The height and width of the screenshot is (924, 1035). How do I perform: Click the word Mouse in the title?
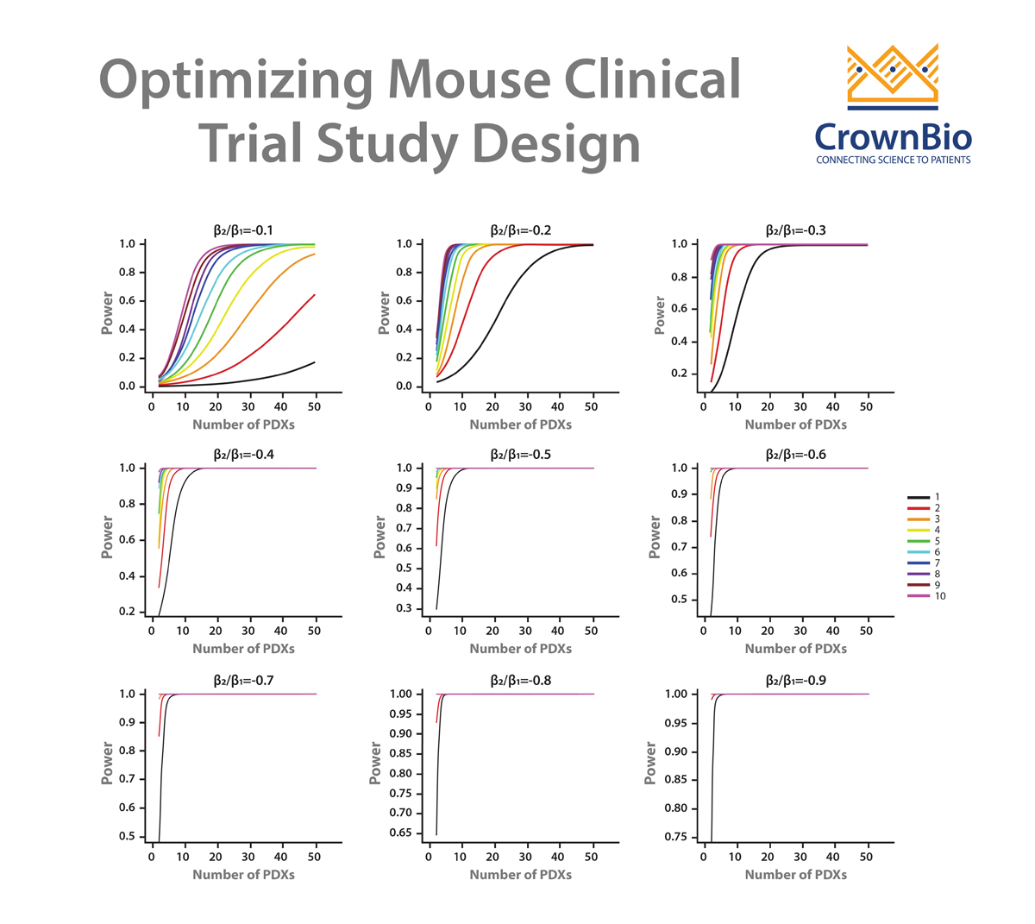tap(467, 79)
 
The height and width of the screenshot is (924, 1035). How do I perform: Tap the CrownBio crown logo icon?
tap(892, 77)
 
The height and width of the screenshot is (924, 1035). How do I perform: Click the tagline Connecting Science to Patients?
tap(893, 160)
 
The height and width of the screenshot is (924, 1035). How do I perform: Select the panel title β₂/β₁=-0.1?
tap(243, 230)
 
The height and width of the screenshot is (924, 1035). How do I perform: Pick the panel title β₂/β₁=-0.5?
tap(520, 455)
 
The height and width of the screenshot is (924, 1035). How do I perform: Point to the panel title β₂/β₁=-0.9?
tap(795, 681)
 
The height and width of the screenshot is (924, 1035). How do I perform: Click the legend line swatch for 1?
tap(918, 498)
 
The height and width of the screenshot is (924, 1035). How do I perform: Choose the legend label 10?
tap(940, 596)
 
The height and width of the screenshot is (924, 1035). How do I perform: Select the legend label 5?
tap(938, 541)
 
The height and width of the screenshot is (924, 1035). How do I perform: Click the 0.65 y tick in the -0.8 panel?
tap(400, 833)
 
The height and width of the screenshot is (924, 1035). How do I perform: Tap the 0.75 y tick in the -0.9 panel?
tap(676, 837)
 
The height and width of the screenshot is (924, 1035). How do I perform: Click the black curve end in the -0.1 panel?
tap(315, 362)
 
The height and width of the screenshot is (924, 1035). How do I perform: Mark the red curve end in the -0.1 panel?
tap(315, 295)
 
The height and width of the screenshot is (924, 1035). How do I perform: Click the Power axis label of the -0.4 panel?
tap(108, 537)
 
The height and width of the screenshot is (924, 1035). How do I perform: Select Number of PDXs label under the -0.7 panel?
tap(243, 875)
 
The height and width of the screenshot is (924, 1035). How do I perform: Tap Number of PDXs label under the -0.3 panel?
tap(795, 424)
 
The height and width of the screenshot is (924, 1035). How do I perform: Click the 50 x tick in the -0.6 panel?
tap(867, 631)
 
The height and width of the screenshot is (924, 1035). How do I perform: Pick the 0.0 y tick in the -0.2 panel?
tap(405, 387)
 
